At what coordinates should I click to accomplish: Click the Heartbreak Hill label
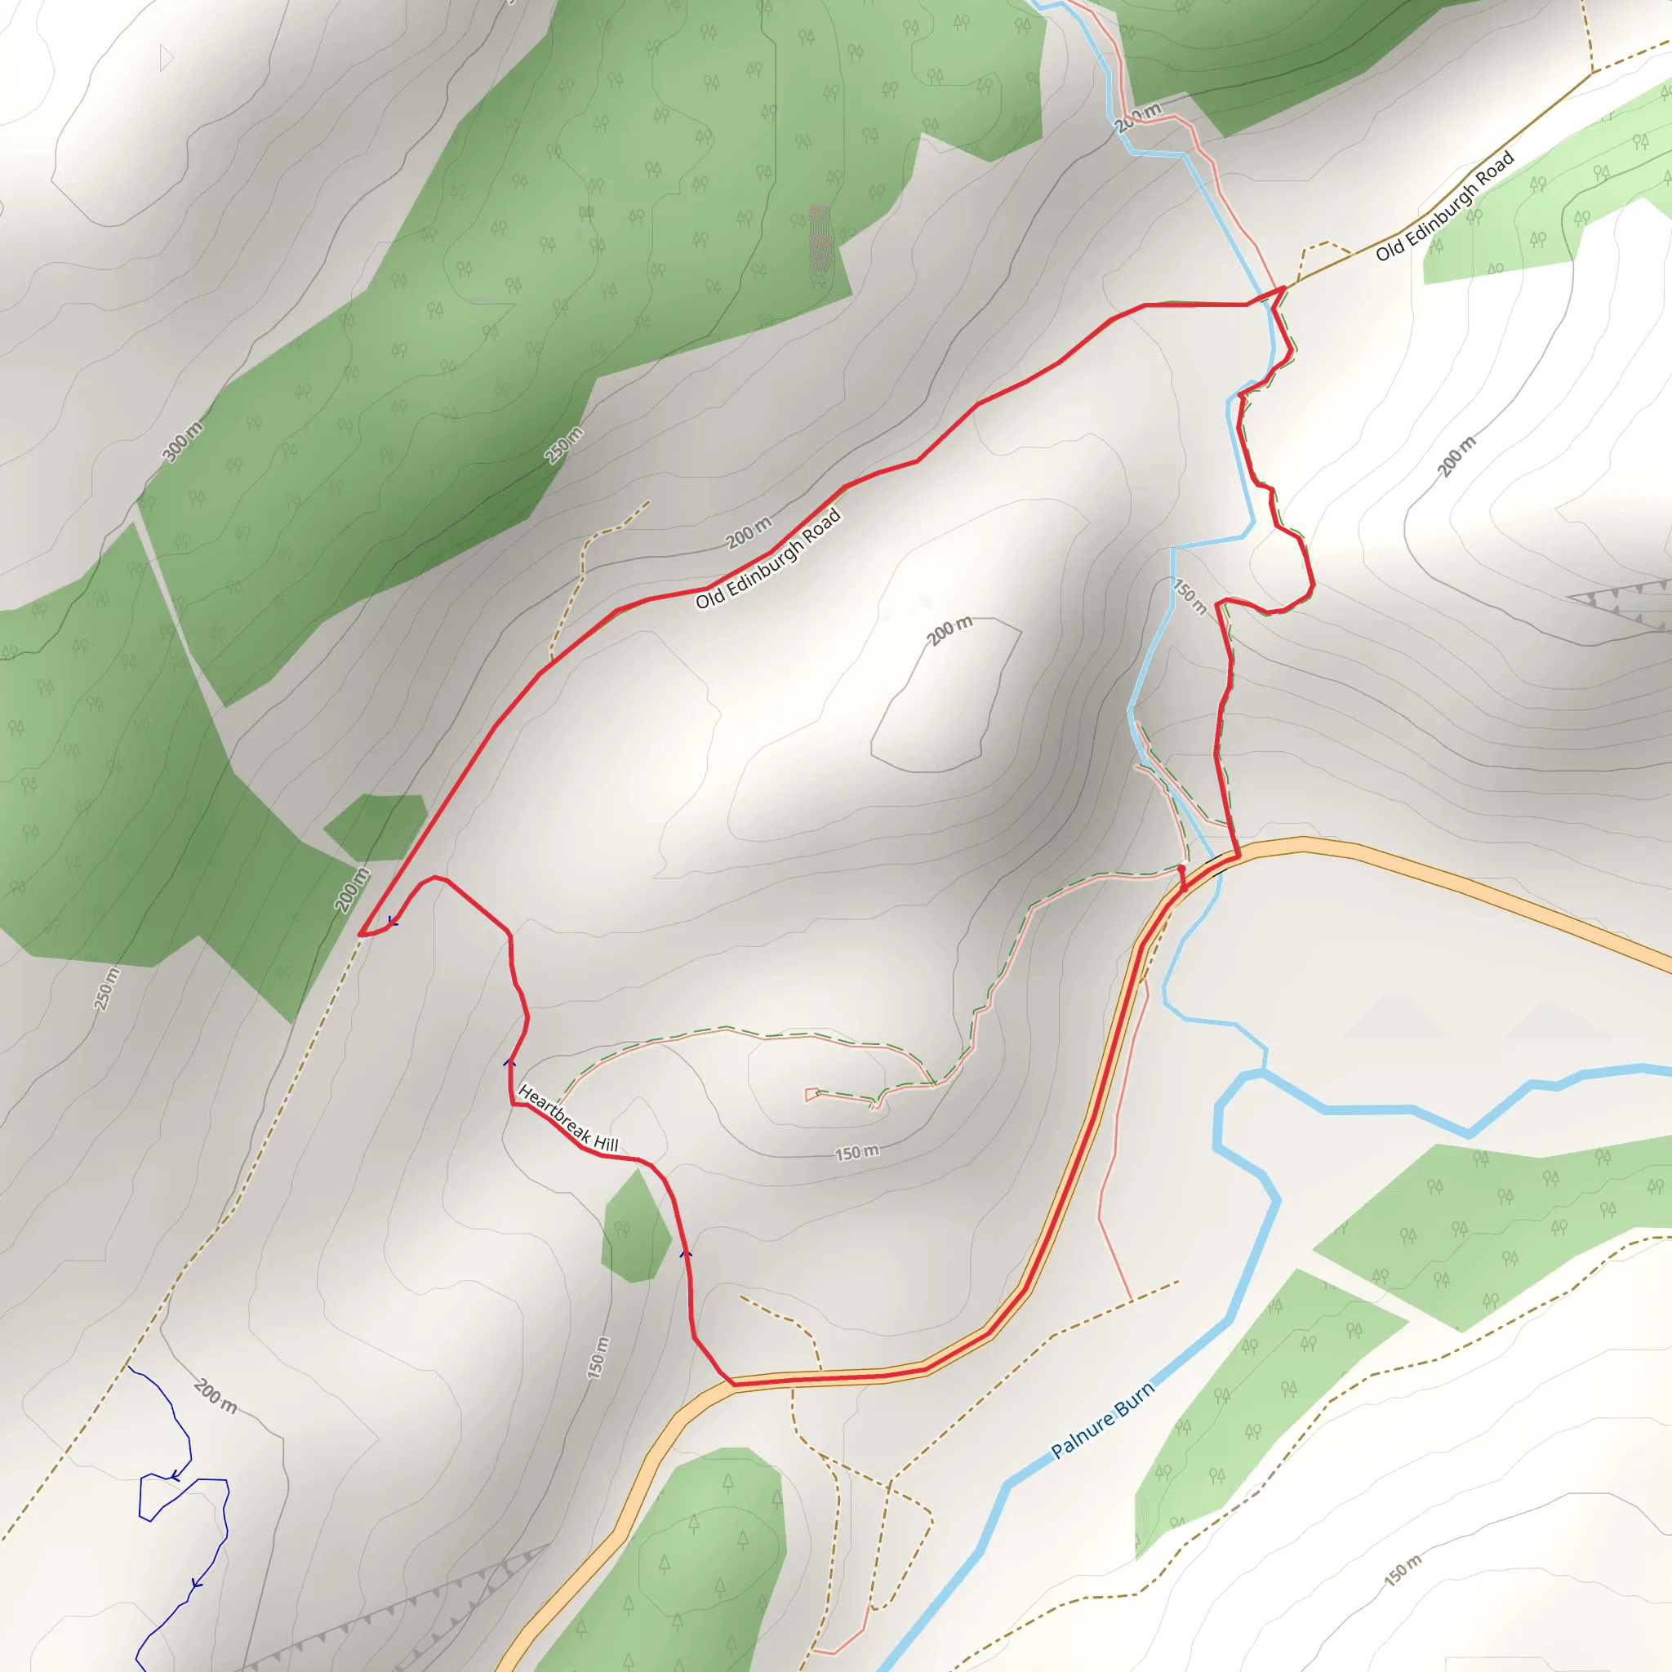tap(567, 1118)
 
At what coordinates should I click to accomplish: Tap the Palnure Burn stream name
tap(1102, 1421)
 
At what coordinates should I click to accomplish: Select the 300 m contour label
tap(184, 442)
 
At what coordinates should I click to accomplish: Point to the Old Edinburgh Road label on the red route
tap(768, 558)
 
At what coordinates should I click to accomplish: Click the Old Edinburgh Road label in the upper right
tap(1445, 205)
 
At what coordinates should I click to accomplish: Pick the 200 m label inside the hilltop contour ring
tap(949, 631)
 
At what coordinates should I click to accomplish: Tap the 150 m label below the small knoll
tap(856, 1153)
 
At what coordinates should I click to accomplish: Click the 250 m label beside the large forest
tap(564, 445)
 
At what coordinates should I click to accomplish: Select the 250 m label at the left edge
tap(106, 989)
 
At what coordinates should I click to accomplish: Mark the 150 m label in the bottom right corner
tap(1403, 1570)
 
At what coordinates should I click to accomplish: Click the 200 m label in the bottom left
tap(215, 1396)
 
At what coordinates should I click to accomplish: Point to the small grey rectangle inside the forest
tap(820, 238)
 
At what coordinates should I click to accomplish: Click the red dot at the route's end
tap(1181, 868)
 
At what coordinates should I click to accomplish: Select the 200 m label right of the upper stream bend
tap(1456, 457)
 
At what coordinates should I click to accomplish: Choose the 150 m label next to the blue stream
tap(1190, 596)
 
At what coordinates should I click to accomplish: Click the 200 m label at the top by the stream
tap(1137, 117)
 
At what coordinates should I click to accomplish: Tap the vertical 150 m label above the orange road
tap(598, 1357)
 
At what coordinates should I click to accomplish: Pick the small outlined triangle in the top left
tap(167, 59)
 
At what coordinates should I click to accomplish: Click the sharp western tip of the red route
tap(360, 934)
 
